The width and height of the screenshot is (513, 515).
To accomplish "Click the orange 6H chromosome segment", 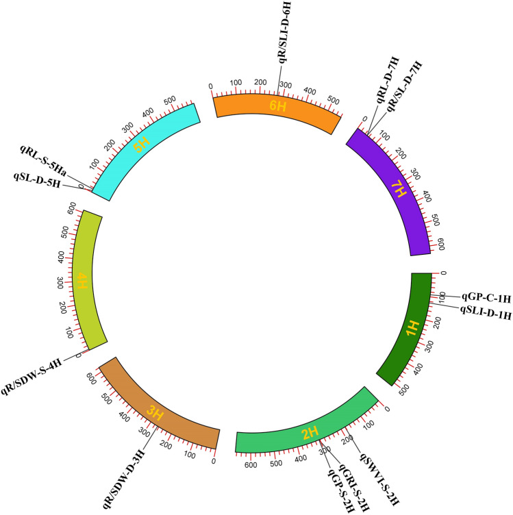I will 277,110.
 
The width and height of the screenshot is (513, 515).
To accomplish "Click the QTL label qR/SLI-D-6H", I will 283,32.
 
